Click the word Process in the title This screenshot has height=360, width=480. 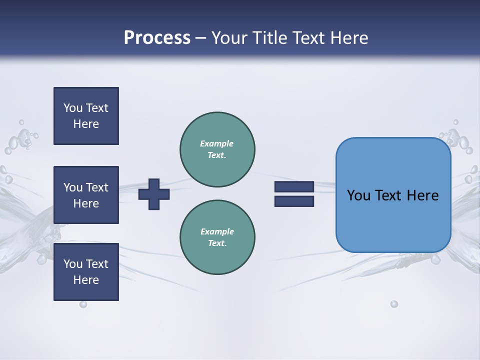(x=157, y=37)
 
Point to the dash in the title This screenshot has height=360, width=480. (x=201, y=38)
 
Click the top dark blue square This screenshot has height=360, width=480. (x=86, y=116)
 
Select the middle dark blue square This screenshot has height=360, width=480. (x=86, y=195)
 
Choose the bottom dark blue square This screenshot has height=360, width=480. (x=86, y=272)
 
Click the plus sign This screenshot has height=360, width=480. (x=154, y=194)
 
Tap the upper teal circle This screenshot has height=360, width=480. (x=217, y=149)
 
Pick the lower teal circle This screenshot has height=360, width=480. (x=217, y=237)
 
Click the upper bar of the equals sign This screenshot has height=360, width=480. (x=294, y=187)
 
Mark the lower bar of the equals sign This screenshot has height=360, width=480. (x=294, y=201)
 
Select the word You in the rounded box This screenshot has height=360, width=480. (x=358, y=195)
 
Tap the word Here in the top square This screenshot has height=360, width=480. (x=86, y=124)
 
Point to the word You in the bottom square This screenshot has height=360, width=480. (x=73, y=264)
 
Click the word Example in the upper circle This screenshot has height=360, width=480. (x=217, y=143)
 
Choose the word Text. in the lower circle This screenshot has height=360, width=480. (x=217, y=243)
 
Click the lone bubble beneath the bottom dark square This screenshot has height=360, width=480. (x=83, y=304)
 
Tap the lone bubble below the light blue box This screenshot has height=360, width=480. (x=394, y=304)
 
